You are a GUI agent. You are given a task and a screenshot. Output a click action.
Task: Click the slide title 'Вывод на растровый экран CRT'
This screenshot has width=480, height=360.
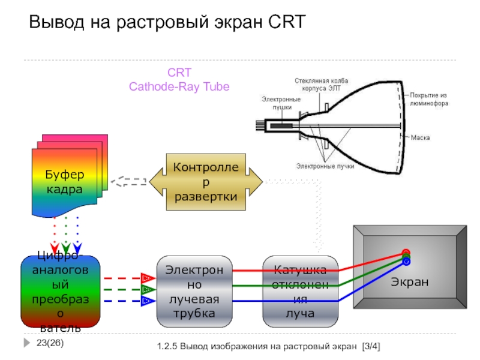tap(168, 23)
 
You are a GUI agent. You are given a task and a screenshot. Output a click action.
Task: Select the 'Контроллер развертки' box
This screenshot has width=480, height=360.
tap(205, 181)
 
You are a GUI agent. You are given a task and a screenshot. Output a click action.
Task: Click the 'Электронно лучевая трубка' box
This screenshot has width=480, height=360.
tap(194, 291)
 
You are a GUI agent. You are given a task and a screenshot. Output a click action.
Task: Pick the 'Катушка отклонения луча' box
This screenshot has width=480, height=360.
tap(300, 291)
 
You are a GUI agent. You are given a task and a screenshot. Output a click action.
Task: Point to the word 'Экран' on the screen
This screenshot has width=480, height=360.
tap(410, 281)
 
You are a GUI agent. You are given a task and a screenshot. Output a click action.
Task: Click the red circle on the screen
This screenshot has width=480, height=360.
tap(406, 253)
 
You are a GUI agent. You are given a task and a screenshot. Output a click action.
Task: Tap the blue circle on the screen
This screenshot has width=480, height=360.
tap(406, 262)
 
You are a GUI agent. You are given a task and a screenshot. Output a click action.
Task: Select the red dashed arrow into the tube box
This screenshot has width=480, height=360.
tap(126, 278)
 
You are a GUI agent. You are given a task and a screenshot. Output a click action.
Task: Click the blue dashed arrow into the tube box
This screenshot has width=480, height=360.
tap(126, 301)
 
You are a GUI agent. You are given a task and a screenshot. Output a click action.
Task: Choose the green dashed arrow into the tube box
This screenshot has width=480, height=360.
tap(126, 290)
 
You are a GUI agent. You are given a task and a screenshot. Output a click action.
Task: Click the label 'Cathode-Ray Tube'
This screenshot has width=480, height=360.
tap(179, 86)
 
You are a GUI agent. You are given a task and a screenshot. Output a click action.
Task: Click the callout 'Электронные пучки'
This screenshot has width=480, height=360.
tap(325, 166)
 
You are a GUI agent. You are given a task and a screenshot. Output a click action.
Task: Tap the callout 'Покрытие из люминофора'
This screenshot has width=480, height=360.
tap(430, 98)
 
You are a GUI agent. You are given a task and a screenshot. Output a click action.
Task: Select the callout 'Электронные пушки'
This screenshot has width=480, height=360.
tap(277, 103)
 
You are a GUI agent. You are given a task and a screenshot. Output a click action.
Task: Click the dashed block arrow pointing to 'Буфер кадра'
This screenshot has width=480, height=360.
tap(130, 181)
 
